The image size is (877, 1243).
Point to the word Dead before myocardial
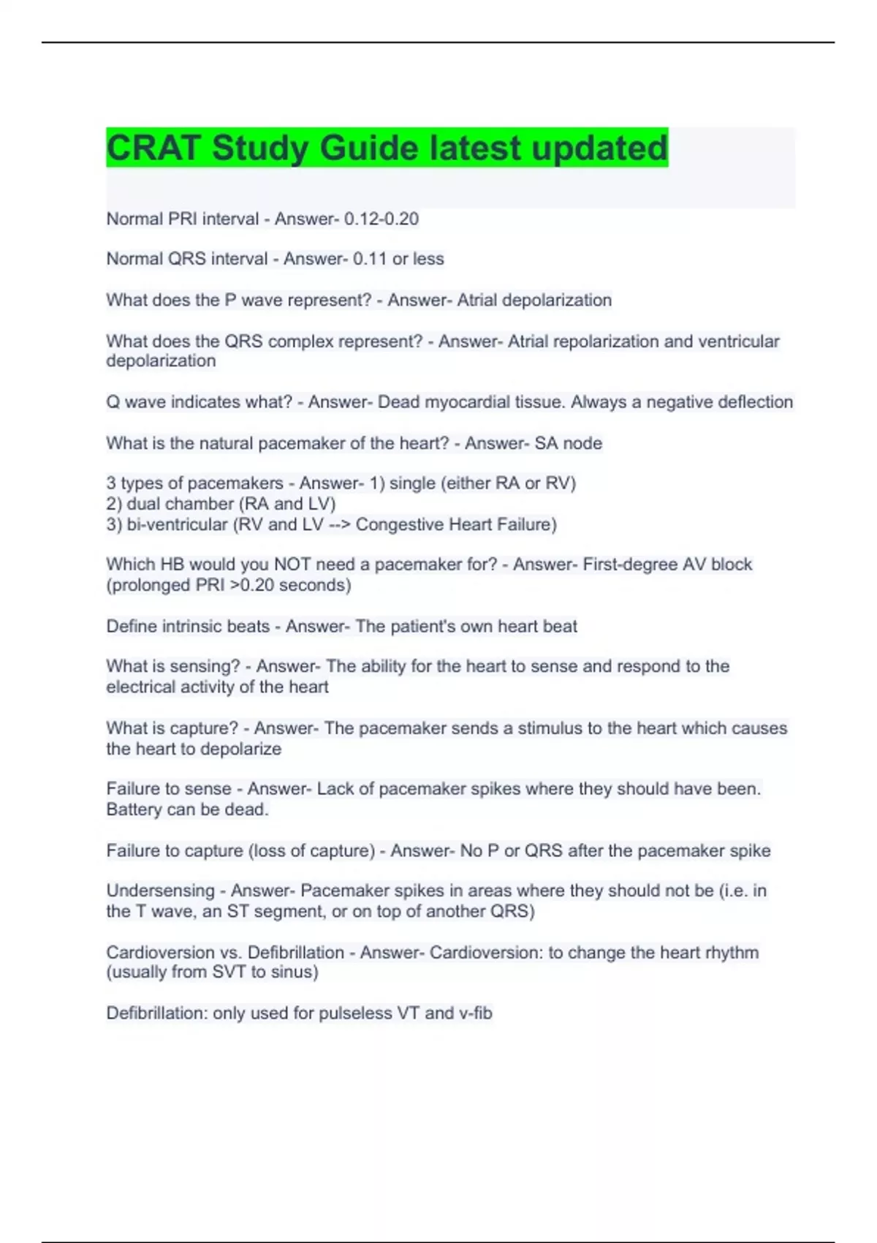point(399,402)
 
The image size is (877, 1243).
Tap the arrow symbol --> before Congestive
point(339,525)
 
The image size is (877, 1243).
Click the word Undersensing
point(160,891)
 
